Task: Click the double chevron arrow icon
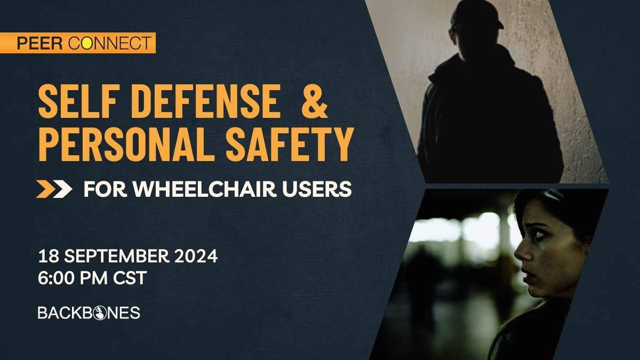click(54, 189)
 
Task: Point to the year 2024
click(197, 257)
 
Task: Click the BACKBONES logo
click(89, 313)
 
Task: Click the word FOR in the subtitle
click(100, 189)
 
